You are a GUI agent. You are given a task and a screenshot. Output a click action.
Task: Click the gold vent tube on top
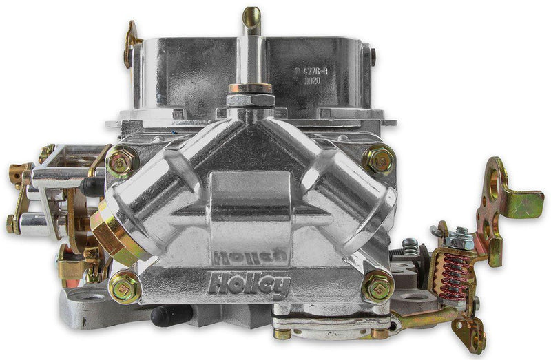coord(251,21)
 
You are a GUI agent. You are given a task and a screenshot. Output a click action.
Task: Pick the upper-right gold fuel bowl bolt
coord(378,158)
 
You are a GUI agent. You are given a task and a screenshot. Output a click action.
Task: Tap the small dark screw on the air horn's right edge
coord(373,56)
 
